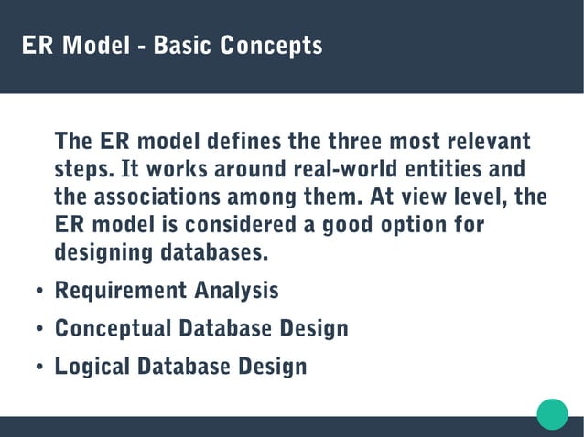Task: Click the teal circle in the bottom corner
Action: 552,413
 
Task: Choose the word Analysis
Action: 236,292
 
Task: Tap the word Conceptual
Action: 114,328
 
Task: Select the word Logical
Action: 92,367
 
